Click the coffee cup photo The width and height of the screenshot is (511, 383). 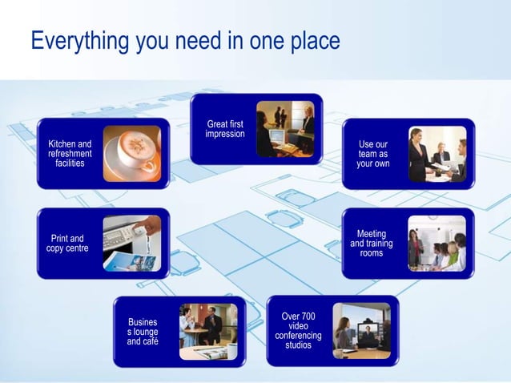[131, 153]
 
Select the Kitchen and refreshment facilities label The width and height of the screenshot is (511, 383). [70, 153]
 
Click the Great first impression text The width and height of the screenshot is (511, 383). [225, 129]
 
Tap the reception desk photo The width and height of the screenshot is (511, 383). [285, 129]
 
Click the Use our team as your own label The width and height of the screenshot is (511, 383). [373, 154]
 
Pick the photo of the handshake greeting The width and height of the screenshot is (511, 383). [437, 154]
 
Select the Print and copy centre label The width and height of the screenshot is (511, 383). [67, 244]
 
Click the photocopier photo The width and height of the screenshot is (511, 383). [131, 244]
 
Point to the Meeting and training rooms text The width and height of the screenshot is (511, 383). [372, 244]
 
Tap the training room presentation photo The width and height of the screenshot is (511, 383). [437, 244]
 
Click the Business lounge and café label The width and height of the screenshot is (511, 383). [143, 332]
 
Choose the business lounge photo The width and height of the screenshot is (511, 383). [208, 332]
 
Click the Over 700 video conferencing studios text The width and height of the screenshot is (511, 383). [298, 330]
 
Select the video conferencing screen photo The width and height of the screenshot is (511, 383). [361, 330]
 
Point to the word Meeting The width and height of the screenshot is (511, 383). [372, 234]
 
